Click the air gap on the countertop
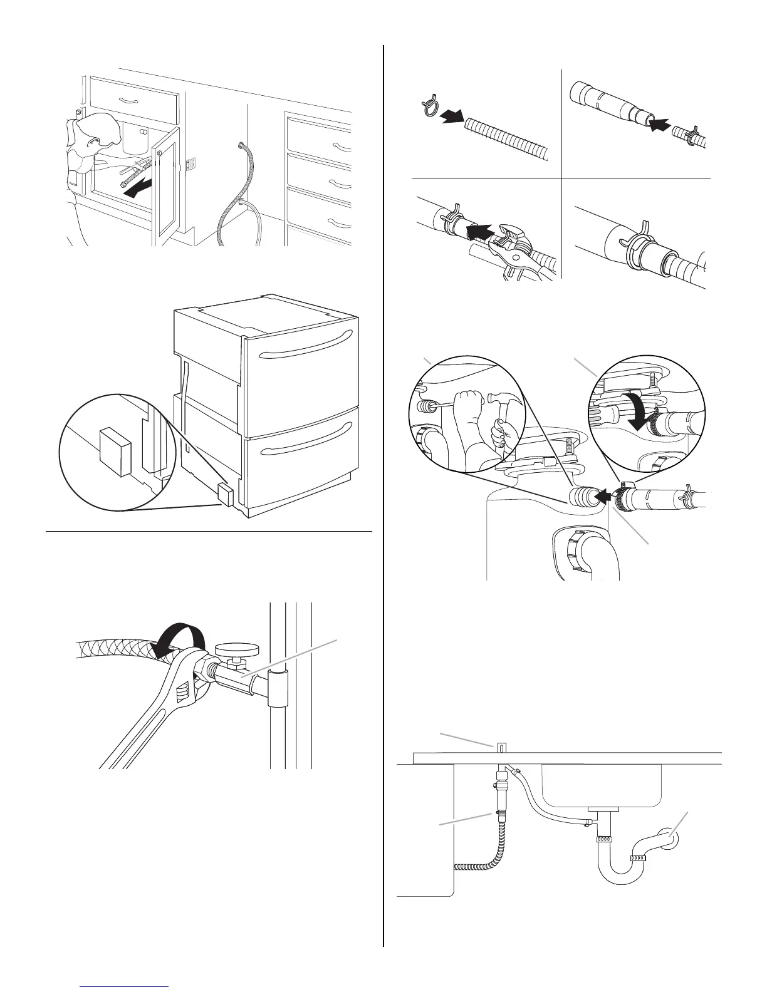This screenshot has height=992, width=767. tap(500, 747)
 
